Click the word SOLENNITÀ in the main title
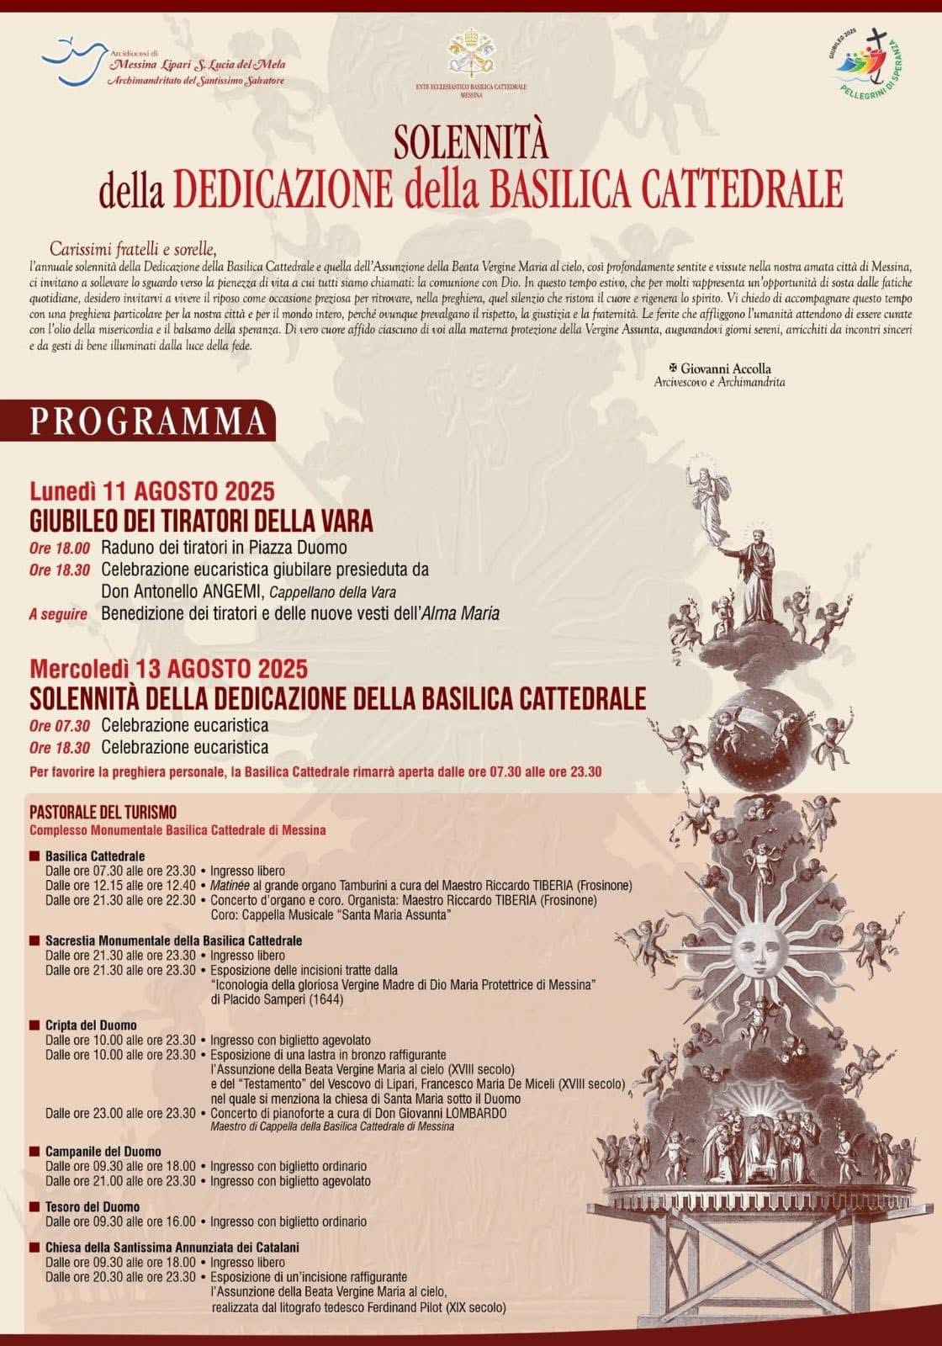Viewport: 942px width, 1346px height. pyautogui.click(x=471, y=142)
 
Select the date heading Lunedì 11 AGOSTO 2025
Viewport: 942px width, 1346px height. pyautogui.click(x=152, y=492)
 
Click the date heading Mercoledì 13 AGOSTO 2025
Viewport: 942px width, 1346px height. pyautogui.click(x=169, y=670)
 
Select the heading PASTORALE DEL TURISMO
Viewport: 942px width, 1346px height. pyautogui.click(x=103, y=813)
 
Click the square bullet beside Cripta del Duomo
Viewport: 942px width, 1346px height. pyautogui.click(x=34, y=1025)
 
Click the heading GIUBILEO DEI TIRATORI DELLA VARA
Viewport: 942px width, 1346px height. pyautogui.click(x=201, y=522)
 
